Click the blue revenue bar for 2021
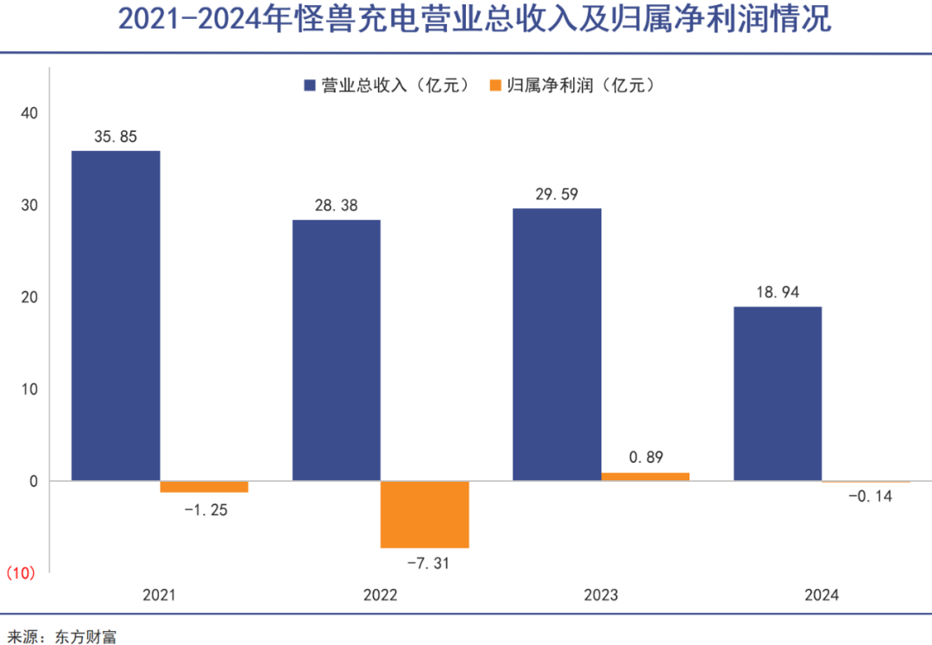tap(116, 315)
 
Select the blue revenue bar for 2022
tap(337, 350)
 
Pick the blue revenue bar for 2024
tap(778, 393)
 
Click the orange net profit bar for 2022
tap(425, 514)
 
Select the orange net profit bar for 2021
tap(205, 486)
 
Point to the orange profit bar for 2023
tap(645, 476)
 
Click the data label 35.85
tap(116, 136)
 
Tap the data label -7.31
tap(428, 563)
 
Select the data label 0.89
tap(645, 458)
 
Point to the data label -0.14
tap(869, 496)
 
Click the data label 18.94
tap(777, 293)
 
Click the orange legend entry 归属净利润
tap(570, 85)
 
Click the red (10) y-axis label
tap(21, 572)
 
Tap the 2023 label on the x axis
tap(601, 595)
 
